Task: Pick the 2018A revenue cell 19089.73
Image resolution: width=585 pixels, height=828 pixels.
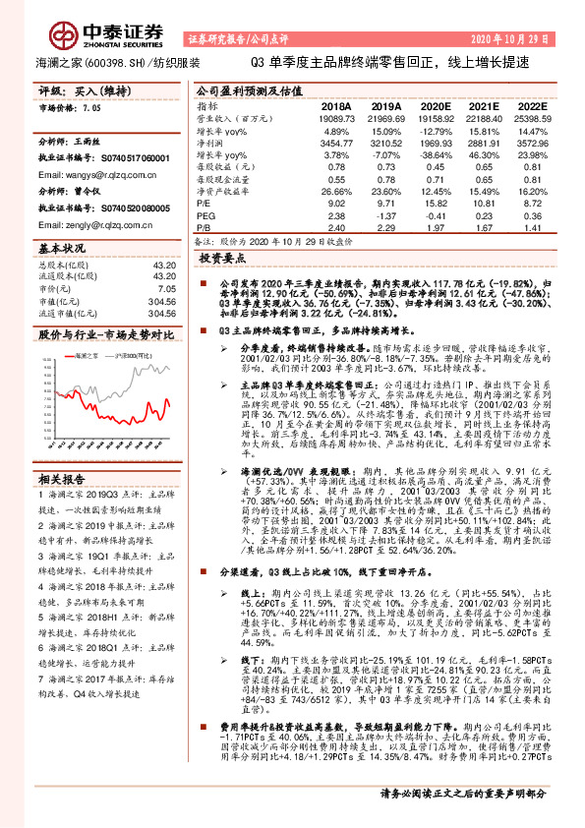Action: [x=336, y=117]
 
